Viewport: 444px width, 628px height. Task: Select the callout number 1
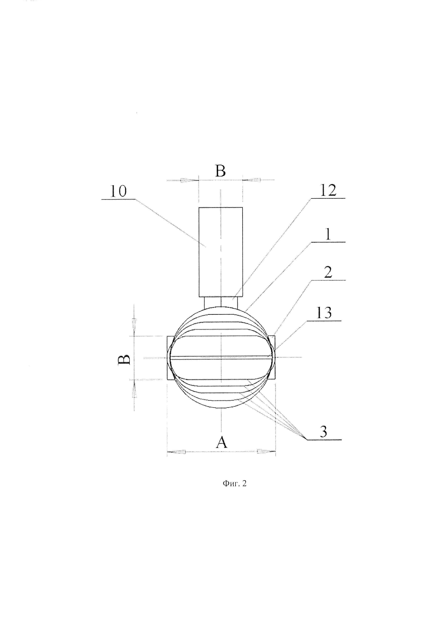click(x=328, y=234)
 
